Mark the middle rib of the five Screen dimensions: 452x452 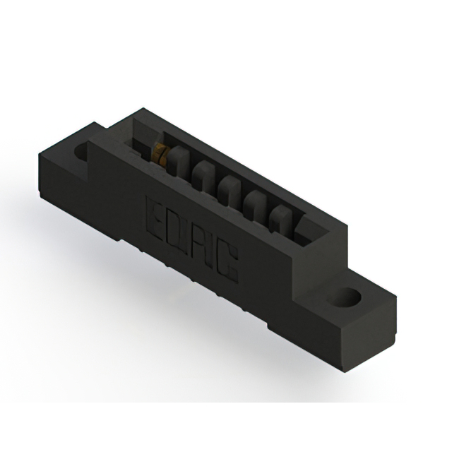[227, 189]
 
